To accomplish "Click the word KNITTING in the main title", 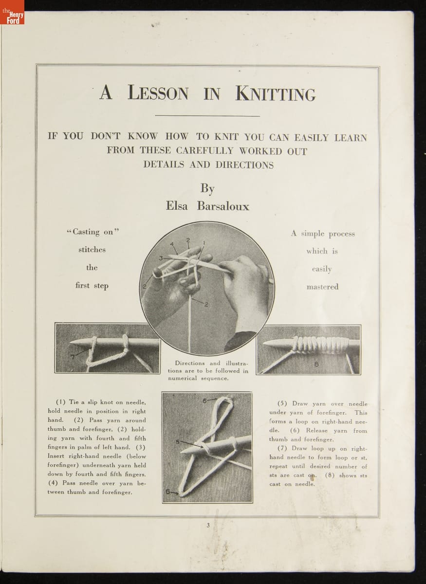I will pos(275,93).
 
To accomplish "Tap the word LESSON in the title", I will pos(158,93).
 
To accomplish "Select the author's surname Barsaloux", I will pos(223,206).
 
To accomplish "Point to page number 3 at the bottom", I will pos(208,525).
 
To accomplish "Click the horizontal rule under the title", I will pos(207,116).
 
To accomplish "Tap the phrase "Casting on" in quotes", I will pos(93,232).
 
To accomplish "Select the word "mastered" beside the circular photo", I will pos(322,287).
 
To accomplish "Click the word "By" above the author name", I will pos(207,188).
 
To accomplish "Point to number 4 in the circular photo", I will pos(172,244).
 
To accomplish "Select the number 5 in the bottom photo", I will pos(177,441).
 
